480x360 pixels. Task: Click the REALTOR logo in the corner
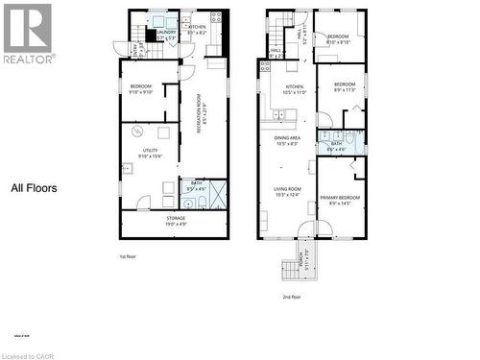28,33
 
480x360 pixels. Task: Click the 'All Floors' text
34,188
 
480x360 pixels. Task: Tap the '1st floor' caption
130,256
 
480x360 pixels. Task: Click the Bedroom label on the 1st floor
141,90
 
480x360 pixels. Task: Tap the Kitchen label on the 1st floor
197,30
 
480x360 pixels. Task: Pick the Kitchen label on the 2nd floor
294,89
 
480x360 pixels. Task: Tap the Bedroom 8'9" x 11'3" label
345,87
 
